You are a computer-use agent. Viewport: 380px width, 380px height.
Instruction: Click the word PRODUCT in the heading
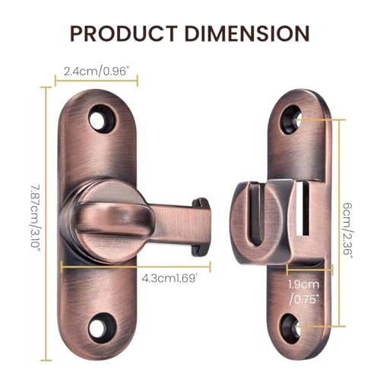pos(123,33)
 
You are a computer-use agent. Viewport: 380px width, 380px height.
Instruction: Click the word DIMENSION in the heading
pos(247,33)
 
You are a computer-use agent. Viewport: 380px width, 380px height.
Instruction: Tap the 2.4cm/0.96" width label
pos(95,71)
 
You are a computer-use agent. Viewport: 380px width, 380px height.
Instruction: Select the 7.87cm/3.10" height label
pos(36,217)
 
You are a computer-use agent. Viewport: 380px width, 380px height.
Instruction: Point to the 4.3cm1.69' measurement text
pos(169,279)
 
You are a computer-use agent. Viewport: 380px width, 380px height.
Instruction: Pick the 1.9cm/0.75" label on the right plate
pos(304,292)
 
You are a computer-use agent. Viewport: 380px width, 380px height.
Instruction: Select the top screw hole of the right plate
pos(291,120)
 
